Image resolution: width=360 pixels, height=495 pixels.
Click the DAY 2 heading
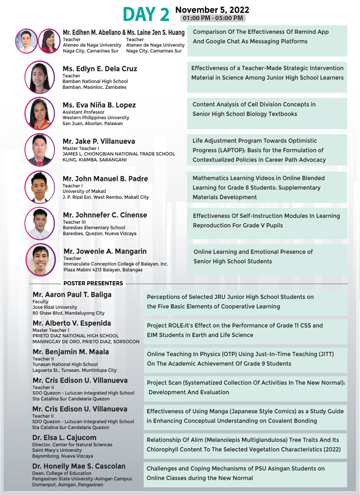(146, 14)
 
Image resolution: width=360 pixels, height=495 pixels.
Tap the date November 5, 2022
(212, 9)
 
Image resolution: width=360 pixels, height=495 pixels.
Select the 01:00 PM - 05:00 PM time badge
(212, 18)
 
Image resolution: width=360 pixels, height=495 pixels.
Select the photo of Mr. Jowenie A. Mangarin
(41, 259)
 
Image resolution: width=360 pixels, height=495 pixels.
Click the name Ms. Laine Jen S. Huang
(156, 33)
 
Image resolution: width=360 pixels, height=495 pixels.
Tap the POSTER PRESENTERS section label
(93, 283)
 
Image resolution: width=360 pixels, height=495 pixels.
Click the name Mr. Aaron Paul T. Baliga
(72, 295)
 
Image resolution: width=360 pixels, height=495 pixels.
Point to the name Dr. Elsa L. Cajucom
(64, 437)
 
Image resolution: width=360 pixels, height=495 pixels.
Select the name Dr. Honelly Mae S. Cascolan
(79, 466)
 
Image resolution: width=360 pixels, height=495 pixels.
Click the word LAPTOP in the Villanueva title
(245, 150)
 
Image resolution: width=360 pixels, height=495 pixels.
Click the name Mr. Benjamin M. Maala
(71, 352)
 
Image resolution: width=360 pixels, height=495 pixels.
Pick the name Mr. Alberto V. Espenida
(72, 323)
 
